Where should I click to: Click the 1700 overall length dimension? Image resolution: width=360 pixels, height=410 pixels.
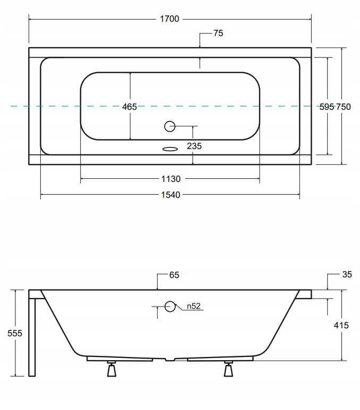pos(169,19)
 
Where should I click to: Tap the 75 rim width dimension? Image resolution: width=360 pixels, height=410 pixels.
pos(218,33)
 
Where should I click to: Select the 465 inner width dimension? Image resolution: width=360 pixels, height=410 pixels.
pos(130,107)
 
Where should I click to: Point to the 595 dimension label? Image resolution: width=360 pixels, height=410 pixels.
pos(327,107)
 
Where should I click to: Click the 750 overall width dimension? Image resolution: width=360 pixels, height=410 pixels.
pos(343,107)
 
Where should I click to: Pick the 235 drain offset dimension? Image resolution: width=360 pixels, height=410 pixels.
pos(194,146)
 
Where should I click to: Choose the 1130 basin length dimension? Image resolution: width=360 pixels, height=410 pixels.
pos(170,179)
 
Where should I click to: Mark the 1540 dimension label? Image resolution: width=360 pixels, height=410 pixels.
pos(170,195)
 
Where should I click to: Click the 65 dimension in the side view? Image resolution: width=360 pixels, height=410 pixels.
pos(174,275)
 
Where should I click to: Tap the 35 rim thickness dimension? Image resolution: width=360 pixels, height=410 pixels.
pos(347,274)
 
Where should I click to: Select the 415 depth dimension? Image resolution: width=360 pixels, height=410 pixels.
pos(341,325)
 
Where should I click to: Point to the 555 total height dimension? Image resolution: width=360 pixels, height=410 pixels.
pos(15,333)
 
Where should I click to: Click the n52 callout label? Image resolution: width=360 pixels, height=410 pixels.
pos(193,306)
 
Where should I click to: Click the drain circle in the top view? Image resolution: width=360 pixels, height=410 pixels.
pos(170,126)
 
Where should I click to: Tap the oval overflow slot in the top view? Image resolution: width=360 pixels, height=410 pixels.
pos(170,149)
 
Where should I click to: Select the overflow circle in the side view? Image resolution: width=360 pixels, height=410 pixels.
pos(170,307)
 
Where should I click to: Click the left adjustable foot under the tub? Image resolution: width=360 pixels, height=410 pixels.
pos(112,369)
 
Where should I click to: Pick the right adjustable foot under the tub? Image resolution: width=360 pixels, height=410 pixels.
pos(228,369)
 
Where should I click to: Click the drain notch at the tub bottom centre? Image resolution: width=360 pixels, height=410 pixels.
pos(170,360)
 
